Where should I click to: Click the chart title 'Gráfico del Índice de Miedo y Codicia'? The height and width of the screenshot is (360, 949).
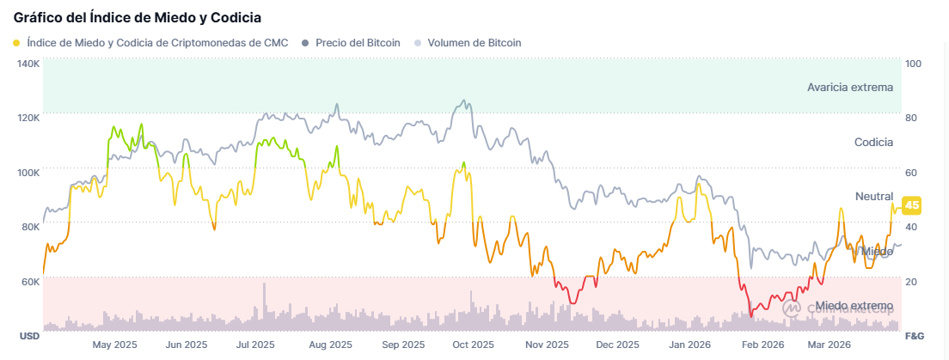[x=138, y=16]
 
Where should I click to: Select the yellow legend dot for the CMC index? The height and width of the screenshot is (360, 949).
[x=17, y=42]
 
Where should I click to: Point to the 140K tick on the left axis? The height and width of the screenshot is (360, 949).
[x=28, y=64]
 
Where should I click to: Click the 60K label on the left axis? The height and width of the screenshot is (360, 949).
[x=28, y=281]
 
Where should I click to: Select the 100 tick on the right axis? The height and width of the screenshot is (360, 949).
[x=913, y=64]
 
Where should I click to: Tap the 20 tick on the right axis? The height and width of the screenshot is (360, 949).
[x=912, y=281]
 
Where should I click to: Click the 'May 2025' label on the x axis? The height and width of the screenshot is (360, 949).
[x=114, y=345]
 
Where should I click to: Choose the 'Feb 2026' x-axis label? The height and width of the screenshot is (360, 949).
[x=762, y=345]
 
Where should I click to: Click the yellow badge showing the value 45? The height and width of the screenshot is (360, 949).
[x=912, y=204]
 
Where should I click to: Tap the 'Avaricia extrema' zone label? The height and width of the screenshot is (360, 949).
[x=849, y=87]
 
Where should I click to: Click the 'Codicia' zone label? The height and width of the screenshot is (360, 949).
[x=873, y=142]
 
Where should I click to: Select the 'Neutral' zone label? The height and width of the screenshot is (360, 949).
[x=873, y=196]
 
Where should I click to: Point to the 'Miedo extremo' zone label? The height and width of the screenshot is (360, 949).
[x=854, y=306]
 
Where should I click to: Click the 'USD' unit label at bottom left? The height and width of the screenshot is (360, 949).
[x=29, y=334]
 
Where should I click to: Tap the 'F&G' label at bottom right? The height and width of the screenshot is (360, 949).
[x=915, y=334]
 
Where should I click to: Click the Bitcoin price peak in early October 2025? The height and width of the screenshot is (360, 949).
[x=465, y=101]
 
